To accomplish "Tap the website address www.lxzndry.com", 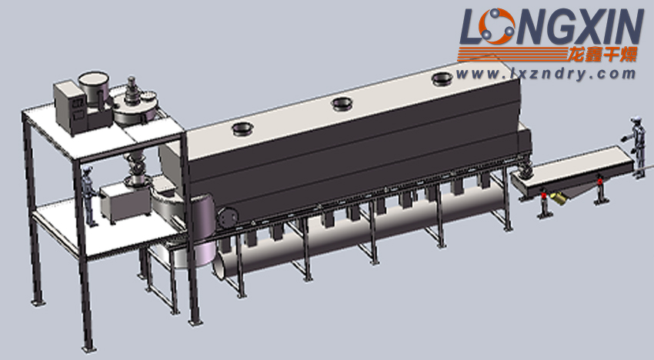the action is (x=546, y=75).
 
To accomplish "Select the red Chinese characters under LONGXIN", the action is (x=603, y=54).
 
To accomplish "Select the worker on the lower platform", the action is (x=88, y=196).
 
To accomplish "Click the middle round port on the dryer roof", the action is (x=342, y=103).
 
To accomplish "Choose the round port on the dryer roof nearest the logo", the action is (x=442, y=78).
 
